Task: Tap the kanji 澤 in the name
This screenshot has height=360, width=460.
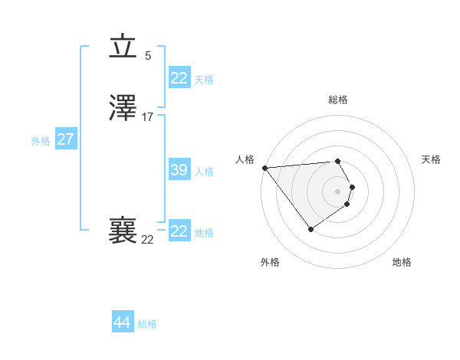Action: [123, 110]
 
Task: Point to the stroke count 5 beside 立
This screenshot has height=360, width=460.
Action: [148, 55]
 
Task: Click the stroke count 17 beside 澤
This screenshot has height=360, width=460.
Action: [148, 117]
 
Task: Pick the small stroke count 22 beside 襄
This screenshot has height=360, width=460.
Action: [148, 239]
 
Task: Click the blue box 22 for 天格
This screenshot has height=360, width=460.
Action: [179, 78]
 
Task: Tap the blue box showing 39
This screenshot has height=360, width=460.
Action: [179, 170]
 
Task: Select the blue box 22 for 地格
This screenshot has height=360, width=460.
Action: [179, 231]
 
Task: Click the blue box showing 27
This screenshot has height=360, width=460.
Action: [65, 139]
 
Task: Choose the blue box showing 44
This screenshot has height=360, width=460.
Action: [122, 322]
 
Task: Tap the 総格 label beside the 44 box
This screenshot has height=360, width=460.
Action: [147, 324]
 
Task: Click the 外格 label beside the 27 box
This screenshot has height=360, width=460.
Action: [41, 141]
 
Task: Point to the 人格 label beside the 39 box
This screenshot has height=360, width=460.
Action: [204, 172]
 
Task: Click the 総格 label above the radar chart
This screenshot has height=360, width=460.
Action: [338, 100]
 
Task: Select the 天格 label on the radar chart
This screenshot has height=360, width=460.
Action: [431, 159]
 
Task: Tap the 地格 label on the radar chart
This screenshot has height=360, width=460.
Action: [402, 262]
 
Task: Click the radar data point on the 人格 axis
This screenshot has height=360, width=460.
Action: [264, 168]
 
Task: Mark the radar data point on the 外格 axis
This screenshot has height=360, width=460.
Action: [310, 229]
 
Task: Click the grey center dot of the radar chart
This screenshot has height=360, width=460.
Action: [338, 191]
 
